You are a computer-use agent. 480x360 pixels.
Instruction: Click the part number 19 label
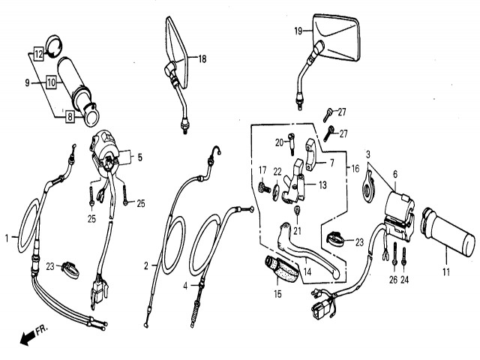[x=298, y=31]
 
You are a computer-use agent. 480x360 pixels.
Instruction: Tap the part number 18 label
[x=202, y=58]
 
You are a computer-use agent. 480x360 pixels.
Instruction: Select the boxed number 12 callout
[x=37, y=54]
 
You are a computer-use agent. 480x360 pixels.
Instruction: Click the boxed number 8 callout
[x=70, y=116]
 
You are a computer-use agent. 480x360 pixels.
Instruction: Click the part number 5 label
[x=138, y=157]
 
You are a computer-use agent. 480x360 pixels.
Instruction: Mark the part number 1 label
[x=7, y=238]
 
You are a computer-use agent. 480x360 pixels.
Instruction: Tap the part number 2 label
[x=146, y=265]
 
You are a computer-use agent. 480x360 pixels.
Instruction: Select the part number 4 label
[x=184, y=285]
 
